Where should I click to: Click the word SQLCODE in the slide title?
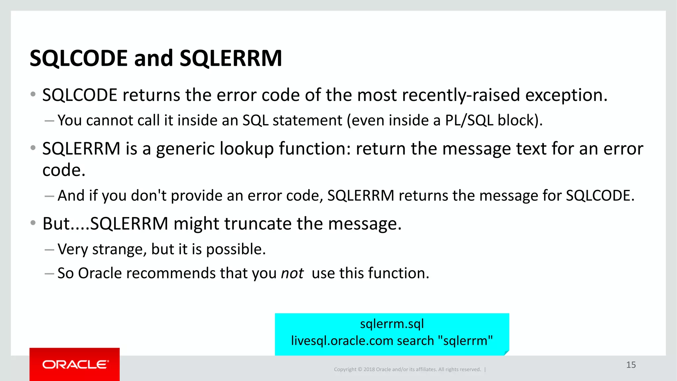(79, 58)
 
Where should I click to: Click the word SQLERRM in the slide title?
(231, 58)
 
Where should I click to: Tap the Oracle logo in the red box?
(75, 364)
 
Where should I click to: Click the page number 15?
(631, 365)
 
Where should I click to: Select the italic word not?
(292, 274)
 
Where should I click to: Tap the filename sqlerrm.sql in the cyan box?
(392, 324)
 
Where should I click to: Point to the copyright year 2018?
(369, 369)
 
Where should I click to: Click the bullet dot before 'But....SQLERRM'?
(33, 223)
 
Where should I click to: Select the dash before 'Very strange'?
(49, 250)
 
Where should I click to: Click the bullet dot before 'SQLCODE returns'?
(33, 94)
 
